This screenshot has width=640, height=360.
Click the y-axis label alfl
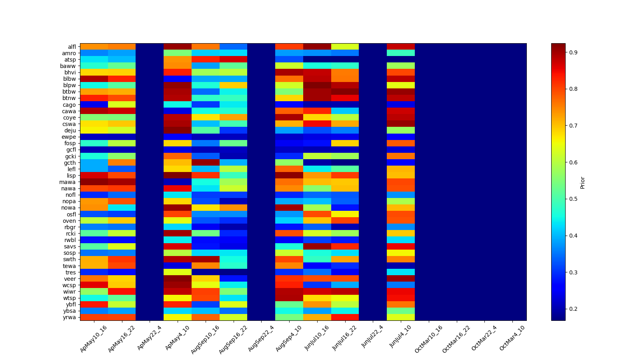72,47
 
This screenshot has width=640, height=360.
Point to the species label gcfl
71,150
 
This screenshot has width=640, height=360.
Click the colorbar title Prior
583,182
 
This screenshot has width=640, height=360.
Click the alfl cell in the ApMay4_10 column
178,46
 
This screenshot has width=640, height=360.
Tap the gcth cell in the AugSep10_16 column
206,162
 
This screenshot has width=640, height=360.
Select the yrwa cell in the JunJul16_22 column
345,317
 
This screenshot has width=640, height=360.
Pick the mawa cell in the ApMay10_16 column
94,182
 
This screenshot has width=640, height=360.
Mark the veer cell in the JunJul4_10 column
401,279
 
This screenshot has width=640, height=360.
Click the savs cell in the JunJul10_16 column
317,246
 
